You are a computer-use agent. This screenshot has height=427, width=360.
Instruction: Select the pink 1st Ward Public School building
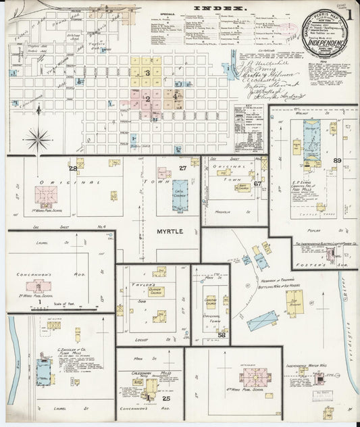pos(46,195)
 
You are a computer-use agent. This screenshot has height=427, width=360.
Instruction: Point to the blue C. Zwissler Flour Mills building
pos(43,368)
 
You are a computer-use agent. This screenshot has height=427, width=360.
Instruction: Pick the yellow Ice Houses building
pos(294,303)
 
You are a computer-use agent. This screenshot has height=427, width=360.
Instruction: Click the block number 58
pos(222,334)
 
